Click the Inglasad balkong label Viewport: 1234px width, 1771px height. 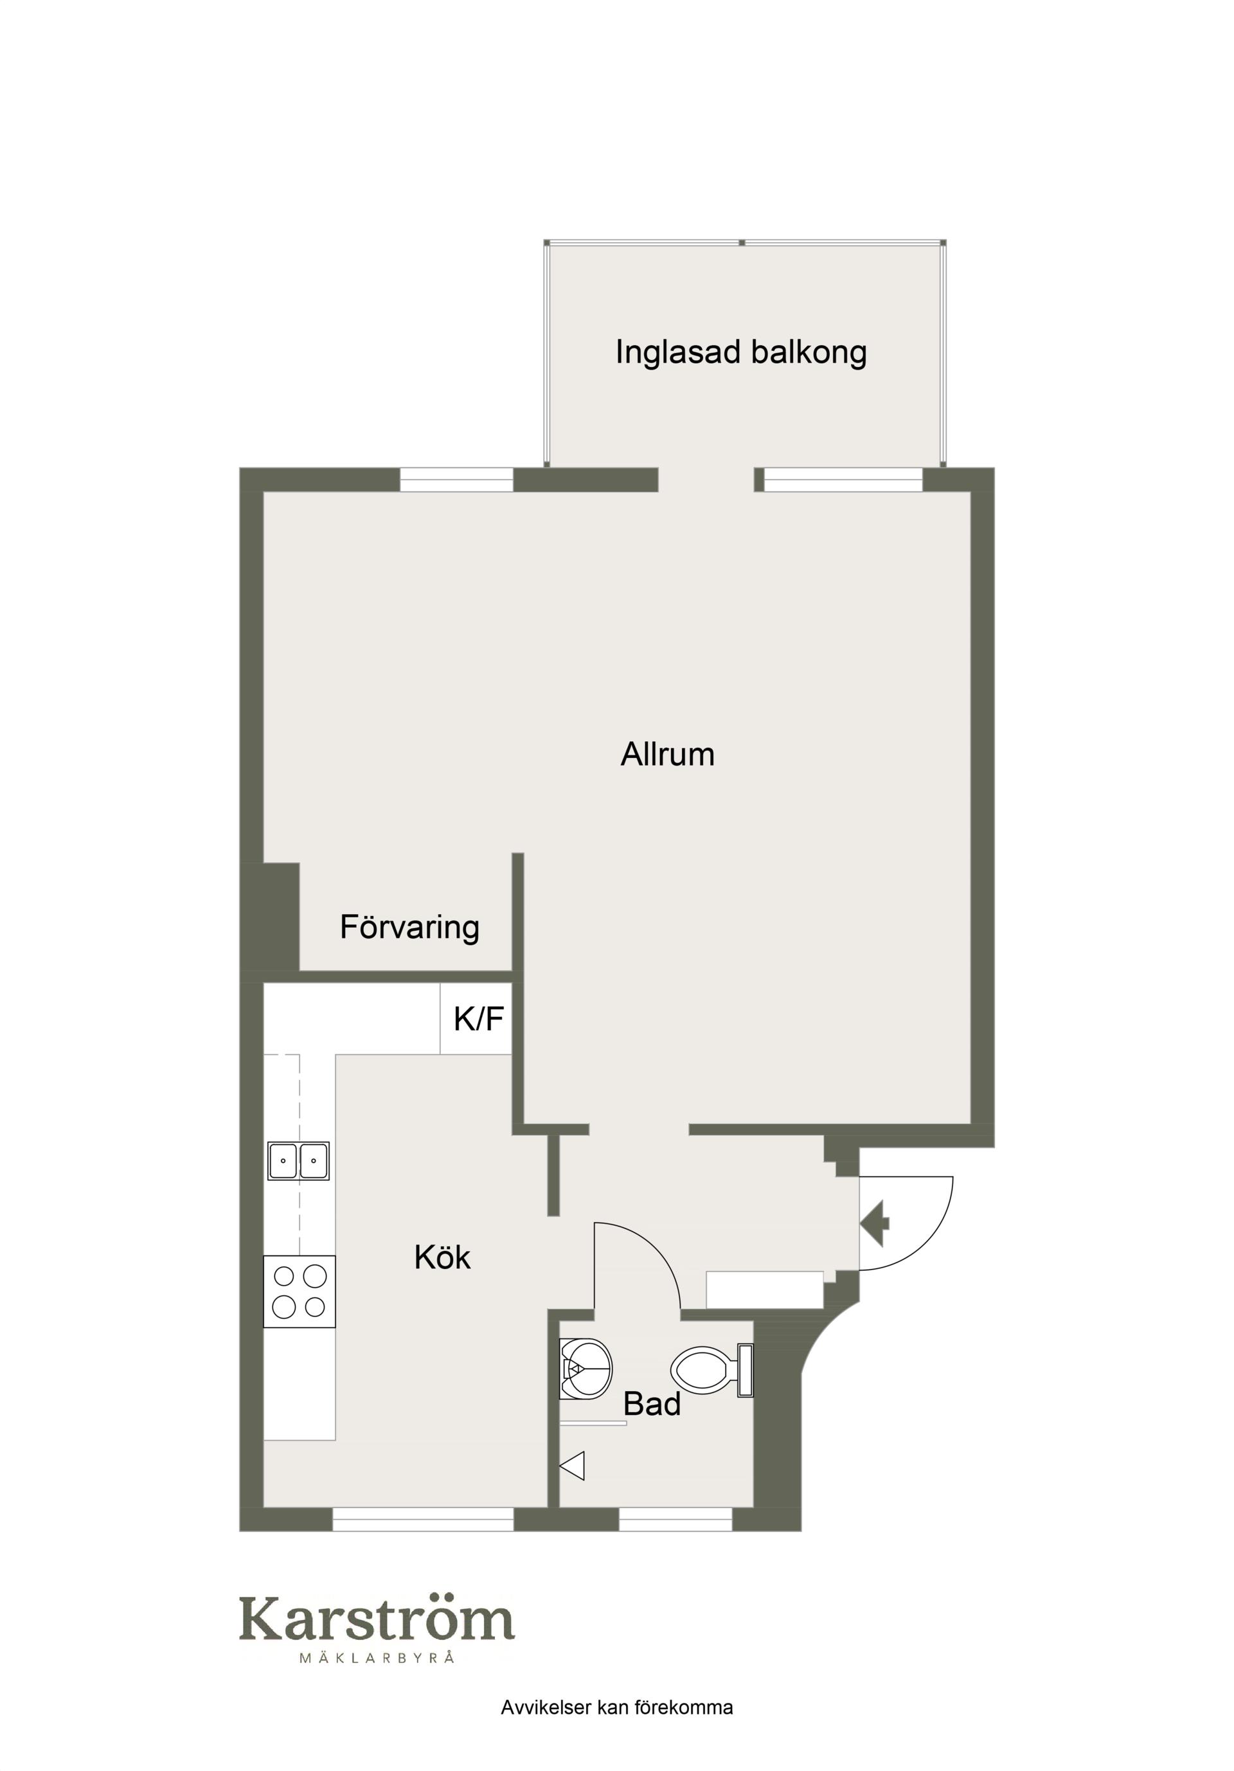point(740,352)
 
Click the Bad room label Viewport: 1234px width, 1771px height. point(652,1405)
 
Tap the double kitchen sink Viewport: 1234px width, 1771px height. point(298,1161)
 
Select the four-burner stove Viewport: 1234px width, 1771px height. point(300,1292)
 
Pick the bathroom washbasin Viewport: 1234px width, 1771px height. point(586,1369)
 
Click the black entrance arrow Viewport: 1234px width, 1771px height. point(875,1223)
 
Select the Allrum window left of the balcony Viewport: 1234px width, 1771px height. point(456,479)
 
